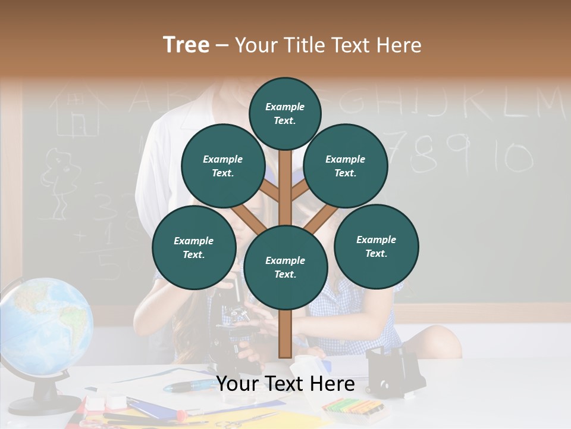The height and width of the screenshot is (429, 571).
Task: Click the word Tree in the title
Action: point(186,45)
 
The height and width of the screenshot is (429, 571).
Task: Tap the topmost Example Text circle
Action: point(285,113)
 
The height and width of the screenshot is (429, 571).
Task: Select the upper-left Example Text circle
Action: point(222,166)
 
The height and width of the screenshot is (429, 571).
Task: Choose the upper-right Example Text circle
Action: point(346,166)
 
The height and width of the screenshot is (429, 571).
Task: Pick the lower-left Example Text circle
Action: point(194,247)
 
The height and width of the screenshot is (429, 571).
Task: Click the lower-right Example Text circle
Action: point(376,246)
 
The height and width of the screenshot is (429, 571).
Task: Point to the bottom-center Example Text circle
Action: point(285,267)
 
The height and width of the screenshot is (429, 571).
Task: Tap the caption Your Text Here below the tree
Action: point(285,384)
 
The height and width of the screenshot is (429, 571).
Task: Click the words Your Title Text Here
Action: point(328,45)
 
